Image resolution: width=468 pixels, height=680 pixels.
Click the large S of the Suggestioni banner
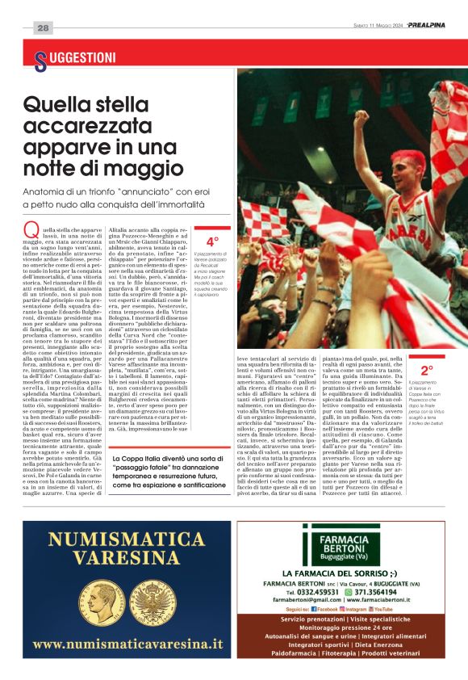[40, 59]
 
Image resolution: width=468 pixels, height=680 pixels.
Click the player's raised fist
[361, 123]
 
